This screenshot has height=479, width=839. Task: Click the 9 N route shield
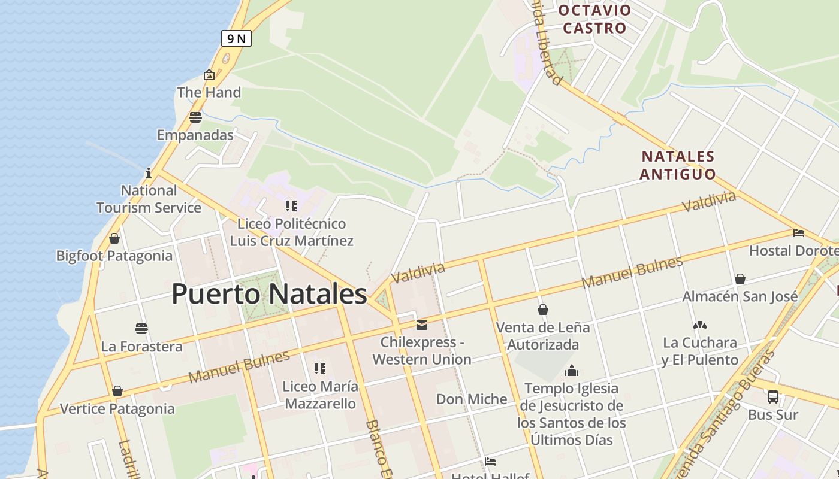(x=236, y=39)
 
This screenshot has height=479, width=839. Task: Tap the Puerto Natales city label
(x=269, y=294)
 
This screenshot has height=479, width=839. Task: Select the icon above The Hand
(x=209, y=75)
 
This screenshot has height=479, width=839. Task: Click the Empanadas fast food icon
(x=195, y=117)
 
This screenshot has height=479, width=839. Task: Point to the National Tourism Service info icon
(x=149, y=174)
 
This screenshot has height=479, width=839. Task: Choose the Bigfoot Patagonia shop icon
(x=114, y=238)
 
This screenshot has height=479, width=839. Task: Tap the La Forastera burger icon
(x=141, y=329)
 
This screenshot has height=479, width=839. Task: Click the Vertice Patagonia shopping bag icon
(x=117, y=391)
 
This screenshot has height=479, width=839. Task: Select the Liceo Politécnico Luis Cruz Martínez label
(x=292, y=232)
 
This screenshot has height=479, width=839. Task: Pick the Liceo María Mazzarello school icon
(x=320, y=369)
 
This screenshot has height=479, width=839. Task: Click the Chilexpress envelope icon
(x=422, y=325)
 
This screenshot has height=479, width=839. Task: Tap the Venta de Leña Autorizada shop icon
(x=543, y=310)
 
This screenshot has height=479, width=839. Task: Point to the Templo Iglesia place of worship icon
(x=572, y=371)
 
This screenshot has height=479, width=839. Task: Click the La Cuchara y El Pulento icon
(x=699, y=325)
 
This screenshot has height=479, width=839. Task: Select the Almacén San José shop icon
(x=740, y=279)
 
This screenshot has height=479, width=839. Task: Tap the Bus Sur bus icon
(x=773, y=396)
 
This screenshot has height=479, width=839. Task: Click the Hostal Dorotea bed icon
(x=798, y=233)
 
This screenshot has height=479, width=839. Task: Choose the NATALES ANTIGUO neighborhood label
(x=678, y=165)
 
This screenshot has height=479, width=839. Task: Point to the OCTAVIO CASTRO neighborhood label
(x=594, y=19)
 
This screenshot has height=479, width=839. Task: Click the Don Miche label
(x=472, y=399)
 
